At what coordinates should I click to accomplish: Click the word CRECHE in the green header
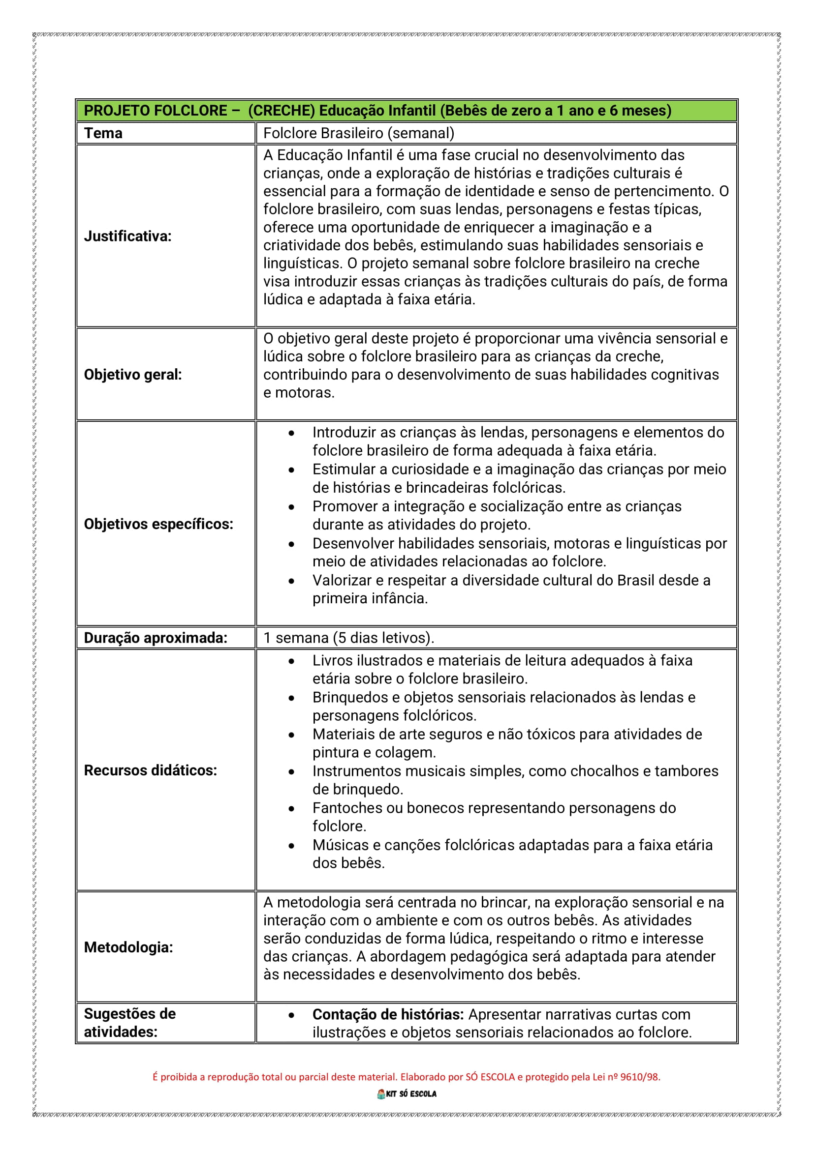[x=282, y=111]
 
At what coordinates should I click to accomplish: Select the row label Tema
[x=103, y=133]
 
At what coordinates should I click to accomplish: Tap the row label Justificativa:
[x=127, y=236]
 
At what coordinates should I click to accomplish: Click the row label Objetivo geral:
[x=132, y=375]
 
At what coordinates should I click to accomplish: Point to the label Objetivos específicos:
[x=158, y=524]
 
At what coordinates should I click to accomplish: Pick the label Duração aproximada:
[x=156, y=638]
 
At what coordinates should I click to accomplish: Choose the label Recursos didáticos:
[x=151, y=770]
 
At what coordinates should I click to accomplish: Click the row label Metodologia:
[x=128, y=947]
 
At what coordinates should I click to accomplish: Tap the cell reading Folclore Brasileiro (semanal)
[x=359, y=133]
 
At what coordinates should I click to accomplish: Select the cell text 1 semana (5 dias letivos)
[x=349, y=638]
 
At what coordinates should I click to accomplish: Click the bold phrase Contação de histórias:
[x=388, y=1014]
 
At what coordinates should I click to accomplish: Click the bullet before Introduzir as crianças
[x=291, y=433]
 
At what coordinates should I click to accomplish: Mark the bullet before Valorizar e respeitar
[x=291, y=581]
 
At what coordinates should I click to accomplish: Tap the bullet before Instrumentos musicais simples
[x=291, y=772]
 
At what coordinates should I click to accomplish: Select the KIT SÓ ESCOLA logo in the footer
[x=407, y=1094]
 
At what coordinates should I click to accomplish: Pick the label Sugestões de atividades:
[x=129, y=1023]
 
